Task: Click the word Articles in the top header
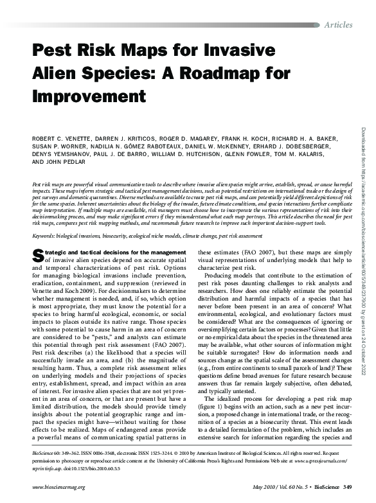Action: tap(339, 24)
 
